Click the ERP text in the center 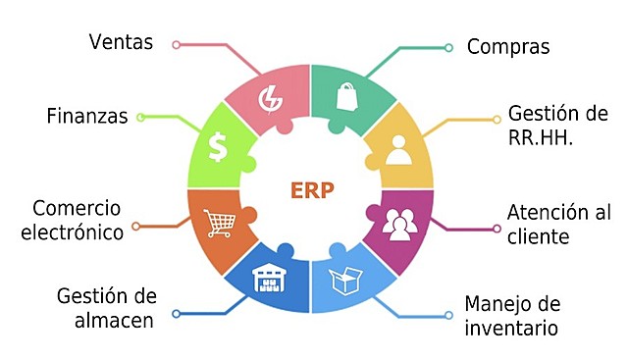(312, 189)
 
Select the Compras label (507, 46)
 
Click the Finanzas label (87, 117)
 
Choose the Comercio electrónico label (78, 220)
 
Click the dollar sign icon (218, 147)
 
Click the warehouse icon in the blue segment (268, 282)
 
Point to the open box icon (346, 282)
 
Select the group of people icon (400, 224)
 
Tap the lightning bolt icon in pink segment (269, 98)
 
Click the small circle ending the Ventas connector (177, 44)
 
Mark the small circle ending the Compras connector (448, 47)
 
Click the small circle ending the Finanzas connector (140, 118)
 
